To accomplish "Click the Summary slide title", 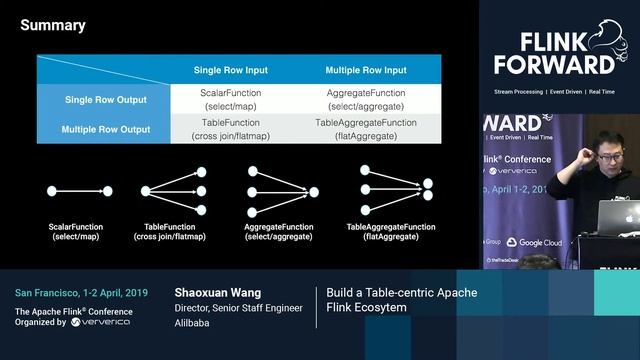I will coord(53,26).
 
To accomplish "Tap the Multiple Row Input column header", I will coord(366,70).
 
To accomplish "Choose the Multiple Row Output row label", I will coord(105,129).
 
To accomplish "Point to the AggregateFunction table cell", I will coord(366,98).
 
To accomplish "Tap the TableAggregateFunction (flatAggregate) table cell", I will coord(366,128).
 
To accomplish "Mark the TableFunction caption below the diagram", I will coord(174,232).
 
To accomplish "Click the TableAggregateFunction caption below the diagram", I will coord(391,232).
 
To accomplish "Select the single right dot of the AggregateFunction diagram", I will coord(314,191).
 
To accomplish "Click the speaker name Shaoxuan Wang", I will coord(216,293).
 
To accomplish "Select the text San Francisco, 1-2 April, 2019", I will coord(81,293).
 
